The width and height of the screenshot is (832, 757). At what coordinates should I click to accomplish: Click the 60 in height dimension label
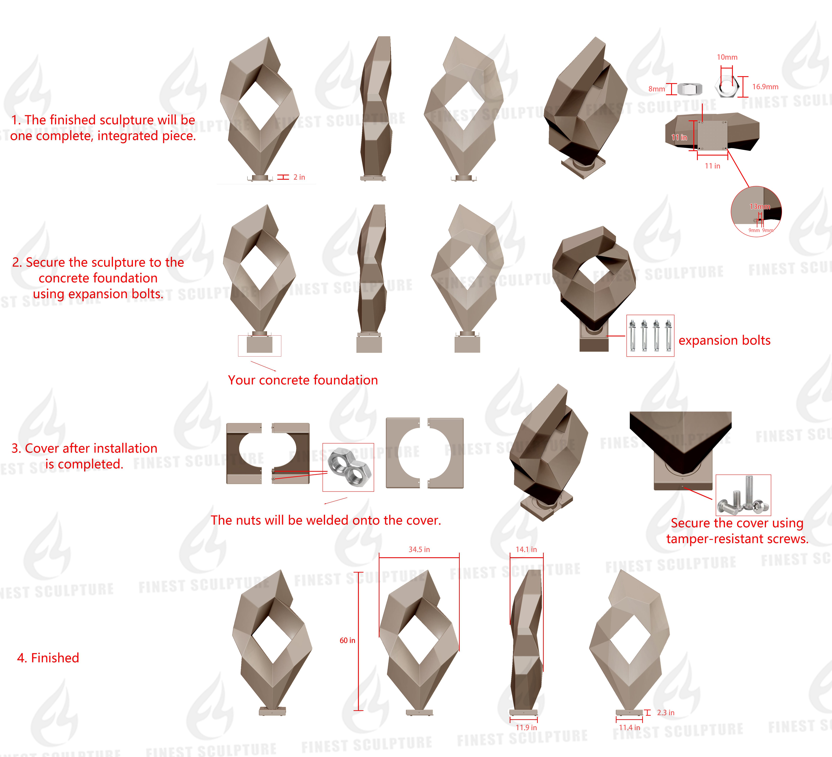[347, 640]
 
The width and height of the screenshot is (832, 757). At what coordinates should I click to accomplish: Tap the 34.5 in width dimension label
[419, 549]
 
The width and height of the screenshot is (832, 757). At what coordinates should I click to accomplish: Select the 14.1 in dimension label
[526, 549]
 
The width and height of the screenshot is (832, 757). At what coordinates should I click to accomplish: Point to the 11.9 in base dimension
[526, 727]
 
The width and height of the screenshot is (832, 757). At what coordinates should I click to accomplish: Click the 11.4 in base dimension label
[629, 727]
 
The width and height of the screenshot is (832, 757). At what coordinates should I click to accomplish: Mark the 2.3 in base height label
[665, 712]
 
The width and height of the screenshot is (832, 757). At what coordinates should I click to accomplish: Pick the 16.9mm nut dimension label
[765, 87]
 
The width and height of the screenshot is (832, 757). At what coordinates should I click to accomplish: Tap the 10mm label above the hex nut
[727, 57]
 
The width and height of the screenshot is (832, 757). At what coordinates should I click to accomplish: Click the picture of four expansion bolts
[650, 335]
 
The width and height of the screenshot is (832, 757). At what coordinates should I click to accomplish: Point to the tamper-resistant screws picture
[743, 495]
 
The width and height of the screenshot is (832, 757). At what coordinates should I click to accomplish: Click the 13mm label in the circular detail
[759, 207]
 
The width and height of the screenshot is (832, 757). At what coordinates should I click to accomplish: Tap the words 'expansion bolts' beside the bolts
[724, 340]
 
